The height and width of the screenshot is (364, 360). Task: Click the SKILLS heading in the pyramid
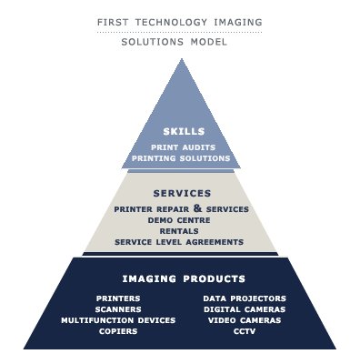click(184, 131)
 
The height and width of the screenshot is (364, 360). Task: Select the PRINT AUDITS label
click(183, 147)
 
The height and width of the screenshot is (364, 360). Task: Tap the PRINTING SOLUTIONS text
click(181, 158)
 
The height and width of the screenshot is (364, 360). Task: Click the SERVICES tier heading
click(182, 193)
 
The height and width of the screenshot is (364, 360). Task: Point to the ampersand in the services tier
click(197, 208)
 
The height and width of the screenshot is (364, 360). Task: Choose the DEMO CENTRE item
click(179, 220)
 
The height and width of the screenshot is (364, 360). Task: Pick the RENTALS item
click(179, 231)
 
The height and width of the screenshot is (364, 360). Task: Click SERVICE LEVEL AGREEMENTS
click(179, 242)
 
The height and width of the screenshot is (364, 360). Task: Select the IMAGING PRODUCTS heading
click(184, 278)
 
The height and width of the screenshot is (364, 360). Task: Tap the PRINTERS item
click(118, 298)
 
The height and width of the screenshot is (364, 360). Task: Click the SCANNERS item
click(118, 309)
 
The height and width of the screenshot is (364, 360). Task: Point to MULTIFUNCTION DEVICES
click(118, 320)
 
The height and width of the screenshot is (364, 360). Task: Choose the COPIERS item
click(118, 331)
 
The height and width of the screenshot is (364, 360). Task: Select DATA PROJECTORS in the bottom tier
click(245, 298)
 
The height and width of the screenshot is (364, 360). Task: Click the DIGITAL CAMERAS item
click(245, 309)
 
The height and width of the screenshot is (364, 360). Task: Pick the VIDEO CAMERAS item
click(245, 320)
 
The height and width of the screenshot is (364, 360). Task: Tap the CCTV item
click(245, 331)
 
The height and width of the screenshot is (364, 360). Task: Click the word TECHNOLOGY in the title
click(171, 22)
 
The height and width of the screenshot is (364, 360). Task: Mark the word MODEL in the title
click(209, 42)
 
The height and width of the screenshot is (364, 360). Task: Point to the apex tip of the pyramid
click(182, 59)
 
